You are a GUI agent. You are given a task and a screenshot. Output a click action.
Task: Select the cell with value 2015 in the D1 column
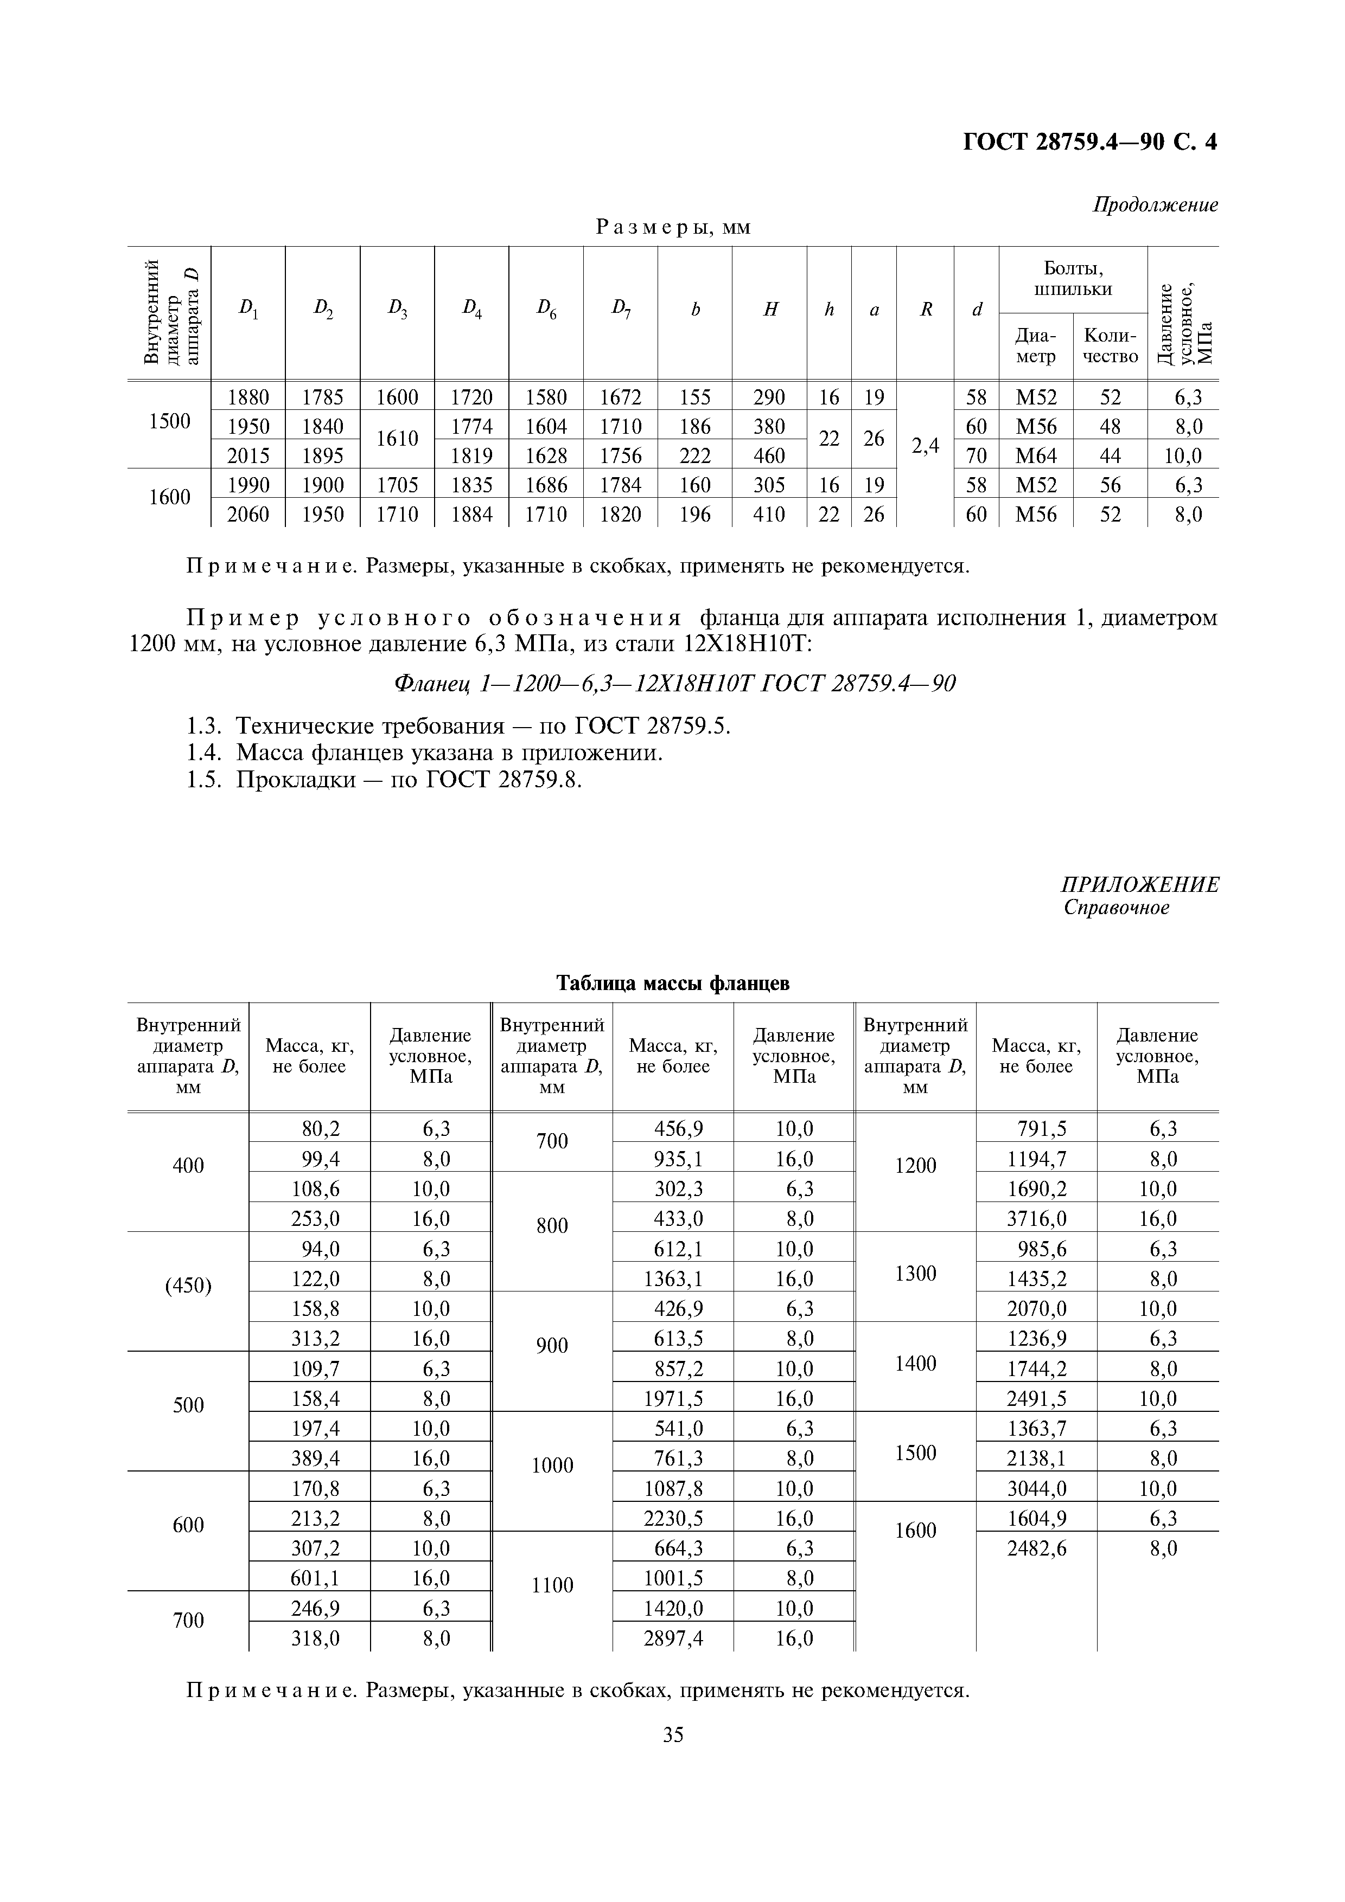(248, 455)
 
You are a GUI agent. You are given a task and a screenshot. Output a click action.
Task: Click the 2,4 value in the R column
(925, 446)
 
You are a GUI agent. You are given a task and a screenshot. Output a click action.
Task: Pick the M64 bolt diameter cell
(1035, 455)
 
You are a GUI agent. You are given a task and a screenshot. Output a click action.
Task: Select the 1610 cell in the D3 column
(397, 439)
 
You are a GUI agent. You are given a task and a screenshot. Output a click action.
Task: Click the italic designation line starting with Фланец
(673, 683)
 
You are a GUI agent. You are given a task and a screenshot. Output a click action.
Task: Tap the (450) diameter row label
(188, 1286)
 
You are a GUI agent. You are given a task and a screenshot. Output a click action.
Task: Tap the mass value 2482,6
(1037, 1548)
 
